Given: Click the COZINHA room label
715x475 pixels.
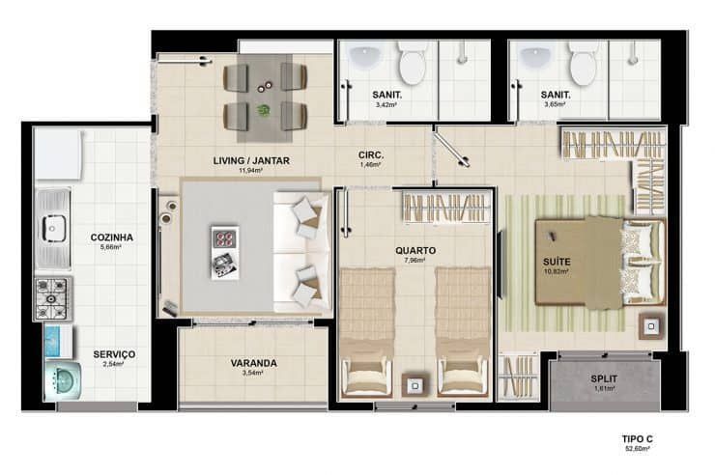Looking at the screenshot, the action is (112, 237).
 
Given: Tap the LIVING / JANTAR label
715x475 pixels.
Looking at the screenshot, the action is (251, 161).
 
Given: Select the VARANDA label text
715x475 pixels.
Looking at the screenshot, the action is (253, 363).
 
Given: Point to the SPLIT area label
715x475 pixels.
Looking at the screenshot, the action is (604, 378).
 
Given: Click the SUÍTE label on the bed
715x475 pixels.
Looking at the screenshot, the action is (557, 262).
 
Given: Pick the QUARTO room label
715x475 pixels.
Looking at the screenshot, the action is (415, 250).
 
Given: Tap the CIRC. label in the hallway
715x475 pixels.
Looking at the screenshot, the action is (371, 154).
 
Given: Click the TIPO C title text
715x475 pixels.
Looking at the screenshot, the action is (638, 439).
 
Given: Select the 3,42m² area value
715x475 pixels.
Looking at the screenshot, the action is (386, 104).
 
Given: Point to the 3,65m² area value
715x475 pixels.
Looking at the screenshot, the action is (555, 104).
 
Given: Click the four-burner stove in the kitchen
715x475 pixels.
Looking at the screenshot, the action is (52, 298).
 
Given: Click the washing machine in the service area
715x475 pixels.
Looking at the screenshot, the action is (63, 379).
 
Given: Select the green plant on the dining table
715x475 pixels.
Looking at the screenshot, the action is (263, 109).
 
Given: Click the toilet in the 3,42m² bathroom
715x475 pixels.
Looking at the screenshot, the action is (412, 62).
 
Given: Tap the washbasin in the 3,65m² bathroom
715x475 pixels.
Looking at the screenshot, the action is (536, 56).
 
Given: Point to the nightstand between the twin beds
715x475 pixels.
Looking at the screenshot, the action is (415, 386).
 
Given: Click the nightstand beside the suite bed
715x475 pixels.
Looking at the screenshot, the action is (651, 326).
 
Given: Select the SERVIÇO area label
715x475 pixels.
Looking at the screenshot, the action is (114, 354).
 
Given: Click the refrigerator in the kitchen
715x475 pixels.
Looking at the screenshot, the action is (59, 154).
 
